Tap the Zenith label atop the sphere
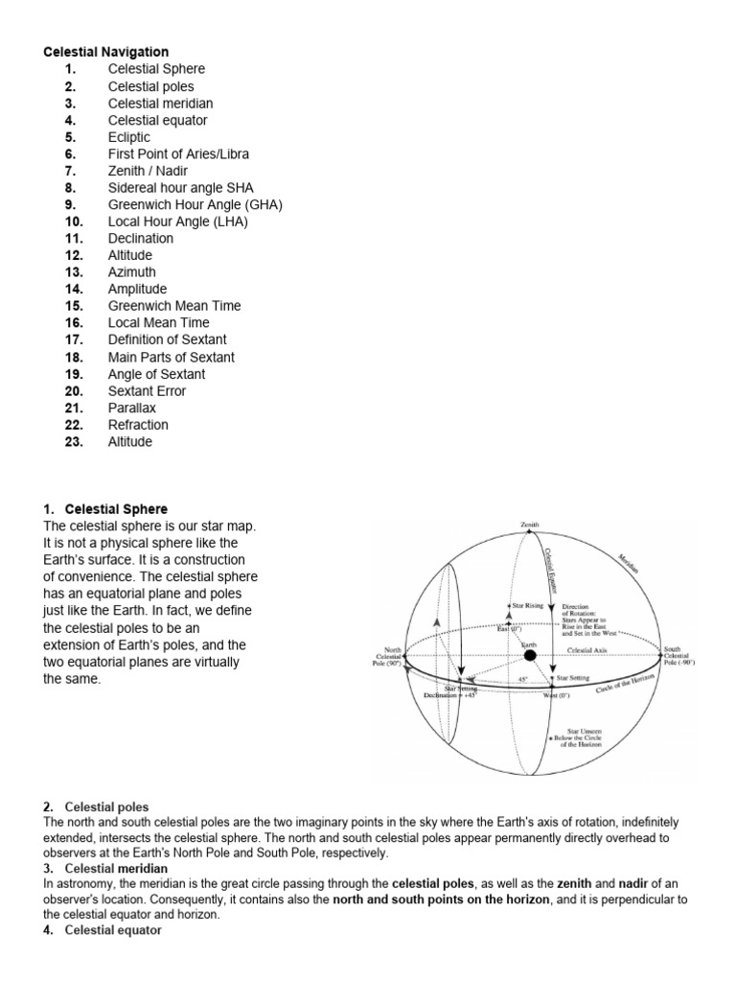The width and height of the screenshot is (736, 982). click(530, 526)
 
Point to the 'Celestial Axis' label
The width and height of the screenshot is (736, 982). click(587, 650)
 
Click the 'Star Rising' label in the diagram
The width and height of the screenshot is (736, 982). click(527, 607)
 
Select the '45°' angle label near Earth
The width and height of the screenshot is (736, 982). click(522, 678)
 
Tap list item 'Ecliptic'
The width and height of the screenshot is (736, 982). click(129, 137)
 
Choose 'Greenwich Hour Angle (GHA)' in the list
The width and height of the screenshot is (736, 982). click(195, 204)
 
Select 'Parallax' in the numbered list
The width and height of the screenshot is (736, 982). click(133, 408)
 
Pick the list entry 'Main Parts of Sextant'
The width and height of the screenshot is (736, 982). click(171, 357)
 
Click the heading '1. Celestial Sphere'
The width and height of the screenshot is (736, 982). click(105, 508)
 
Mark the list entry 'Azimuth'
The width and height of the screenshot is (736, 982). click(132, 272)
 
